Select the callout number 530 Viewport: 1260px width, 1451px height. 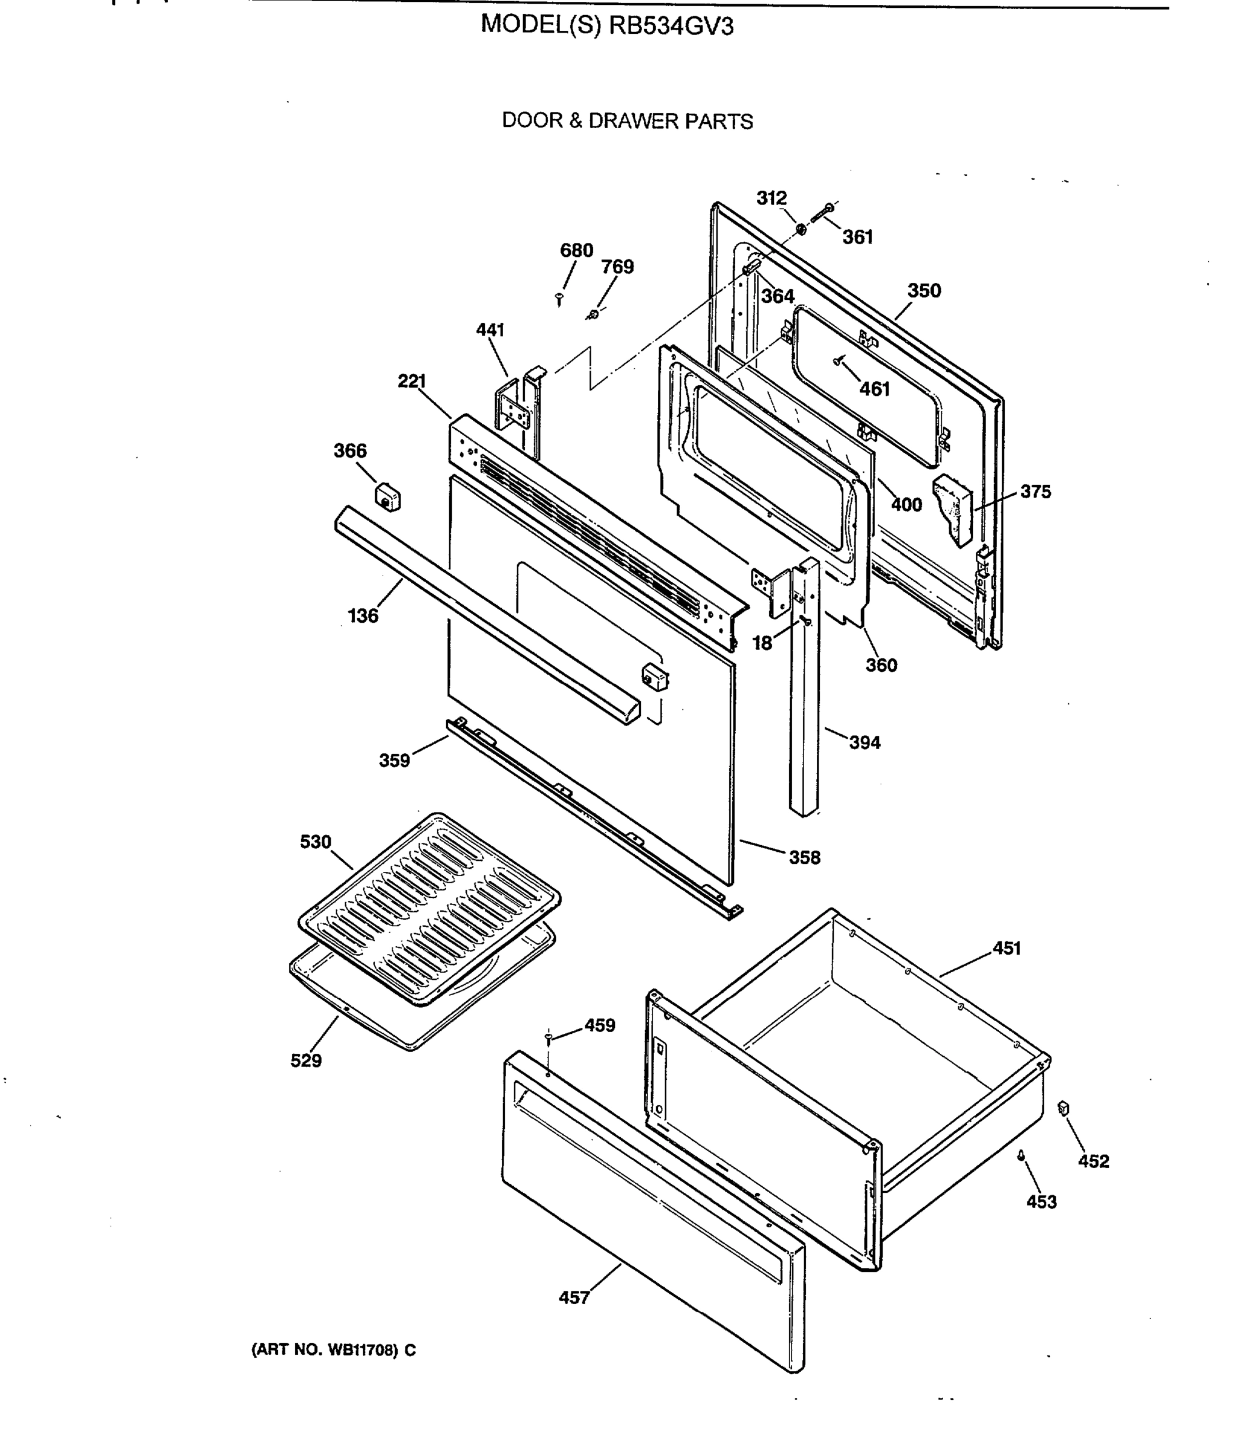point(315,842)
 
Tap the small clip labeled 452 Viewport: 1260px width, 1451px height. point(1064,1109)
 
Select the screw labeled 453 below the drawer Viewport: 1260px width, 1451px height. point(1020,1155)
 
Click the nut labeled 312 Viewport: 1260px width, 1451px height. point(801,230)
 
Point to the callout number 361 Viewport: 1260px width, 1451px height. point(857,237)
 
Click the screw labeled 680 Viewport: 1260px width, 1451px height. point(559,299)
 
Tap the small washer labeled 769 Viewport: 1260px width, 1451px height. point(593,314)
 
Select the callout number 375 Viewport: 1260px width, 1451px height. point(1035,492)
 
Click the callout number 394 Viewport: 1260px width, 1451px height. point(864,742)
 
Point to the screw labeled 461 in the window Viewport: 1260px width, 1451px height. point(837,362)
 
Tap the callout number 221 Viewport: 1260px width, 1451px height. point(412,381)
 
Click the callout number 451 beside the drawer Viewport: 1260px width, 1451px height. point(1006,949)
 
